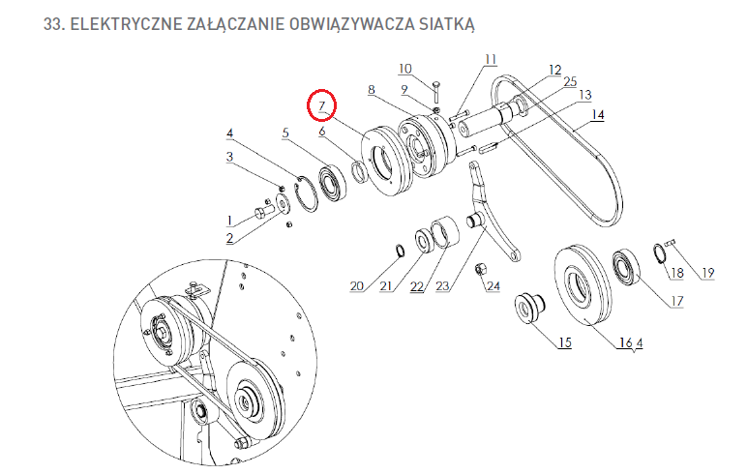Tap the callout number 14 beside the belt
click(598, 115)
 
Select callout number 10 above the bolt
click(404, 69)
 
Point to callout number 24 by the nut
click(494, 285)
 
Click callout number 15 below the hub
click(565, 342)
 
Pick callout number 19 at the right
click(708, 273)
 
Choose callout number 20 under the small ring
click(357, 285)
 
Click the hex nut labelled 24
click(480, 270)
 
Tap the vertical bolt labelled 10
click(436, 92)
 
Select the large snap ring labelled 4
click(306, 194)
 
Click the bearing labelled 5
click(332, 182)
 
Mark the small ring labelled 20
click(400, 250)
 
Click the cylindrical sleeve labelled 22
click(445, 232)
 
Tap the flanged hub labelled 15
click(529, 308)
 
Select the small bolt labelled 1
click(263, 211)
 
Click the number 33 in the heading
click(53, 24)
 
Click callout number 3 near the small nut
click(229, 157)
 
